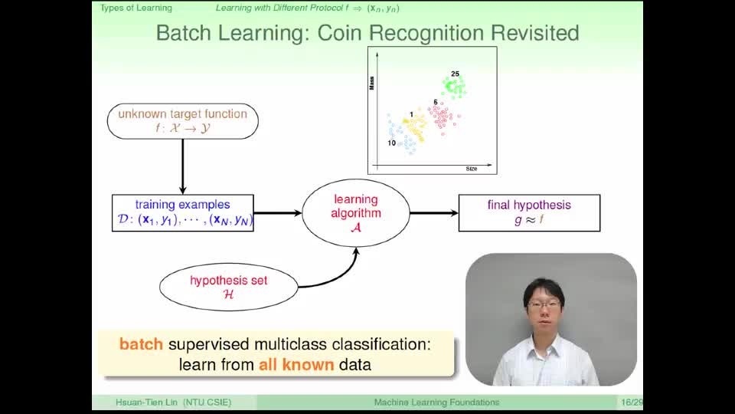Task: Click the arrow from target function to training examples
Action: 183,166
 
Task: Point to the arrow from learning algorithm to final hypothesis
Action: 434,213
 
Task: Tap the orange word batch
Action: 141,344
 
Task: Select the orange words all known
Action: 296,365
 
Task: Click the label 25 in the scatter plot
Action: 455,74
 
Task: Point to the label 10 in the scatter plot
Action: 392,143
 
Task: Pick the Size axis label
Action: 472,169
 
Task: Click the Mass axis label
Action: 372,83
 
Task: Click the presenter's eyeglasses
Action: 544,304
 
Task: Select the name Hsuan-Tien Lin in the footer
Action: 146,402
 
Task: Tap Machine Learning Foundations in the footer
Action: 436,402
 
